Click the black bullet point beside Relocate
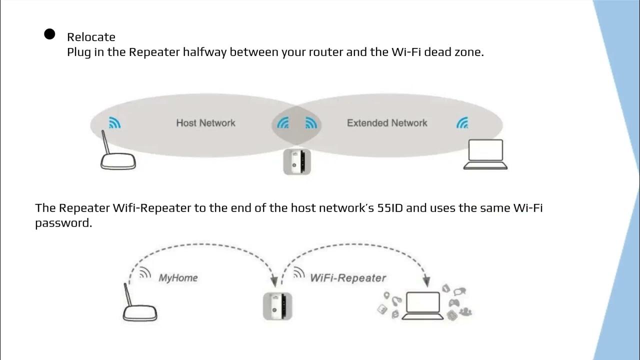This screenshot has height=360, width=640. click(49, 34)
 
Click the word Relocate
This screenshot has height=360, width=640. click(91, 37)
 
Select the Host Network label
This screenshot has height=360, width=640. click(205, 123)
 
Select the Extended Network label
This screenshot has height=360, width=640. click(387, 123)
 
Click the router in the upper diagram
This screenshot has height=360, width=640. click(118, 160)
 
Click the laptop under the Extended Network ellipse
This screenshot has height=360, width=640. click(485, 154)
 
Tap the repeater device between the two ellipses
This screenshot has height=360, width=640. click(297, 161)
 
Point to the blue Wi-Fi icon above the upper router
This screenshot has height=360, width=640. click(115, 122)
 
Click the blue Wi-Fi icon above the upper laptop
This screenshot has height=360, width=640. click(462, 122)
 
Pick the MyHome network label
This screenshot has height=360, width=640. click(178, 277)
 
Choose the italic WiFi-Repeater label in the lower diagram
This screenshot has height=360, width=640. click(348, 277)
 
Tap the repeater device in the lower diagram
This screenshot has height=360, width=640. click(277, 306)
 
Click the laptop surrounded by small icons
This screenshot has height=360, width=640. click(423, 305)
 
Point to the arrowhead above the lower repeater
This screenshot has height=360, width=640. click(274, 281)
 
